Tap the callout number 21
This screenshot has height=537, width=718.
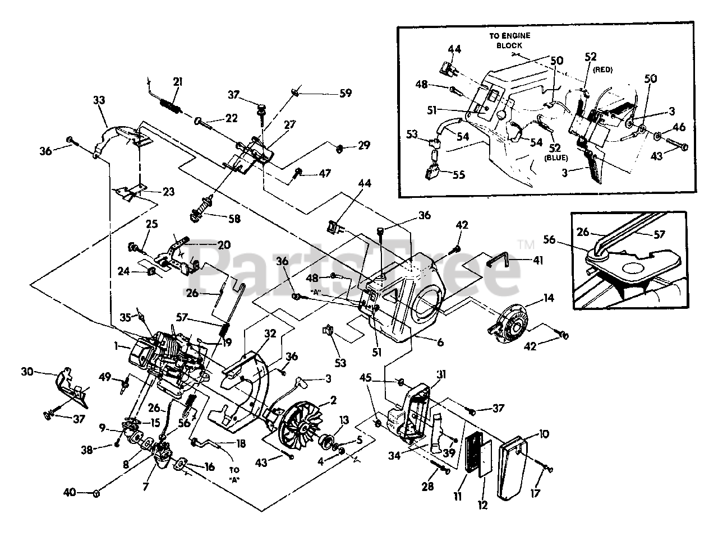[x=178, y=82]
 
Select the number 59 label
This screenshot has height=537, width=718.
[x=346, y=94]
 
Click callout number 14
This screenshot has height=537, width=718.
[x=549, y=298]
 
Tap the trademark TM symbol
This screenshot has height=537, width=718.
[x=526, y=244]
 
